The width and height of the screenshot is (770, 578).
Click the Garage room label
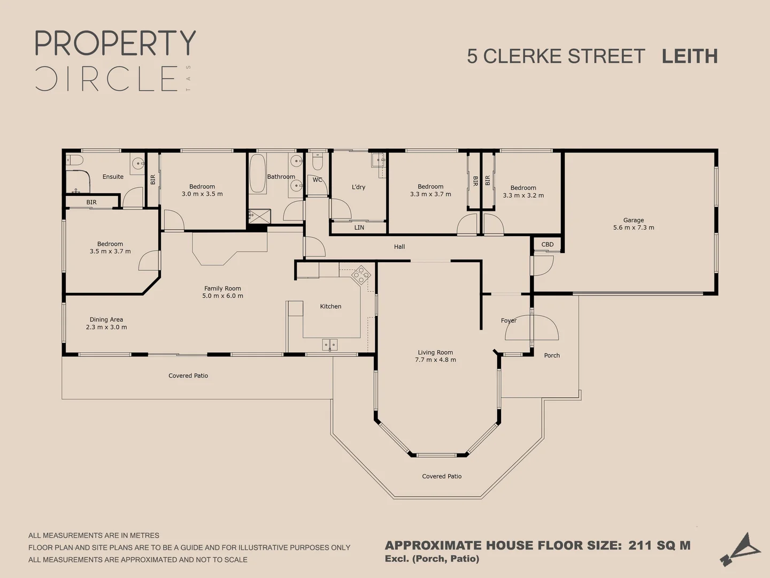(633, 220)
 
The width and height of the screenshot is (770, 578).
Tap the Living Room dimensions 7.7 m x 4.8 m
(435, 360)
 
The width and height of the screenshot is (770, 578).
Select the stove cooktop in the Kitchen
(361, 275)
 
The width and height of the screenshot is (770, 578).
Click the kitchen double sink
(330, 345)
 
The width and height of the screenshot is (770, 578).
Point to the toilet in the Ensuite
(74, 160)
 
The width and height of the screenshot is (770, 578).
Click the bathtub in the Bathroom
(258, 173)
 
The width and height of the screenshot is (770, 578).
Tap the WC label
(318, 180)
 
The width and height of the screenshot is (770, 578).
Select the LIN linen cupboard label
(359, 227)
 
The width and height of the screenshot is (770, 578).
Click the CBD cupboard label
(548, 245)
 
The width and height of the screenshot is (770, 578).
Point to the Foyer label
(509, 321)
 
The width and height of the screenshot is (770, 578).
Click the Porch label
(552, 355)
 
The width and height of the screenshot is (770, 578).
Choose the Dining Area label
(106, 320)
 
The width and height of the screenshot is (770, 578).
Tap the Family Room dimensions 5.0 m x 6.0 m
(222, 296)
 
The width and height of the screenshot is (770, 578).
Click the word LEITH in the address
(689, 56)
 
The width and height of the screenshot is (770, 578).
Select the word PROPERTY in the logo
(115, 43)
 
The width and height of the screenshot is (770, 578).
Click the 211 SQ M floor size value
(659, 545)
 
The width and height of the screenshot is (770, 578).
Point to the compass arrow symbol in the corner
(741, 549)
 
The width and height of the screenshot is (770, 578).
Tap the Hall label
(399, 247)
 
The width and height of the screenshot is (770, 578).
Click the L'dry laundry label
(358, 187)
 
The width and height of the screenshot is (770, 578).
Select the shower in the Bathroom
(260, 216)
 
